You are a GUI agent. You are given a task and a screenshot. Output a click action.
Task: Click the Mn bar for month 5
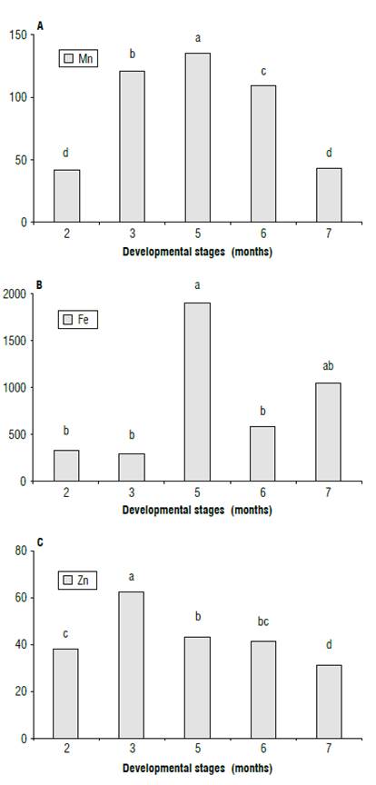tap(197, 137)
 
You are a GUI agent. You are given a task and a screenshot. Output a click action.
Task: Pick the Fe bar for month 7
tap(328, 432)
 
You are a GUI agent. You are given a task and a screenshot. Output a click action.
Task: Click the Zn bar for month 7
tap(328, 701)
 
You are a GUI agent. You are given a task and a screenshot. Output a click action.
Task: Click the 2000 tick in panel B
tap(14, 294)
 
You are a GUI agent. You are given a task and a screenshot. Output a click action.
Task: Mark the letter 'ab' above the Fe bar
tap(328, 367)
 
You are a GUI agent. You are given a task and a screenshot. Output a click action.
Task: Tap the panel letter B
tap(39, 284)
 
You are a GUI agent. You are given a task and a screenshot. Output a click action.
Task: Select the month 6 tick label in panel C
tap(262, 752)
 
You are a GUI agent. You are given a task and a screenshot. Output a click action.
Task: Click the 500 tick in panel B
tap(16, 434)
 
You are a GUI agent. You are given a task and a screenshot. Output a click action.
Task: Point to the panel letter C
tap(39, 543)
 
